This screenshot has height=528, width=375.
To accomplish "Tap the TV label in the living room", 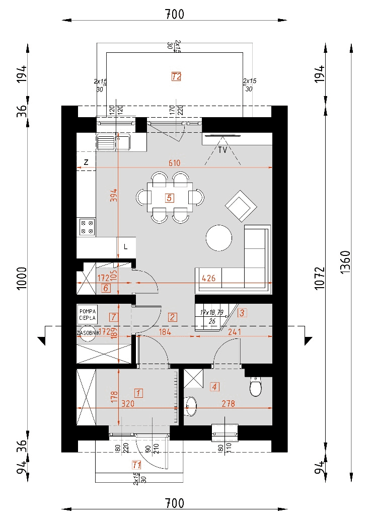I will tap(221, 150).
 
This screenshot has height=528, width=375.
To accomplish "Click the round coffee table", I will tap(219, 237).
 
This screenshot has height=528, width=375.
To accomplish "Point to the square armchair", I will tap(241, 205).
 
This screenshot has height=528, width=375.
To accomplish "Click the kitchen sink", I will tap(113, 142).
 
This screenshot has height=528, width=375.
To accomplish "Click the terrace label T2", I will tap(176, 76).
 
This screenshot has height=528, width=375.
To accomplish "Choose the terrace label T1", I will tap(136, 464).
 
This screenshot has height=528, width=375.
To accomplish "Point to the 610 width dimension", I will tap(175, 163).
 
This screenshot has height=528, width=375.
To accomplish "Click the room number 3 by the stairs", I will tap(242, 313).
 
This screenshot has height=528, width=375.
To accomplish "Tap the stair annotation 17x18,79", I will tap(211, 312).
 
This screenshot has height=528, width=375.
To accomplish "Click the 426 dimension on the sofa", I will tap(208, 278).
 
